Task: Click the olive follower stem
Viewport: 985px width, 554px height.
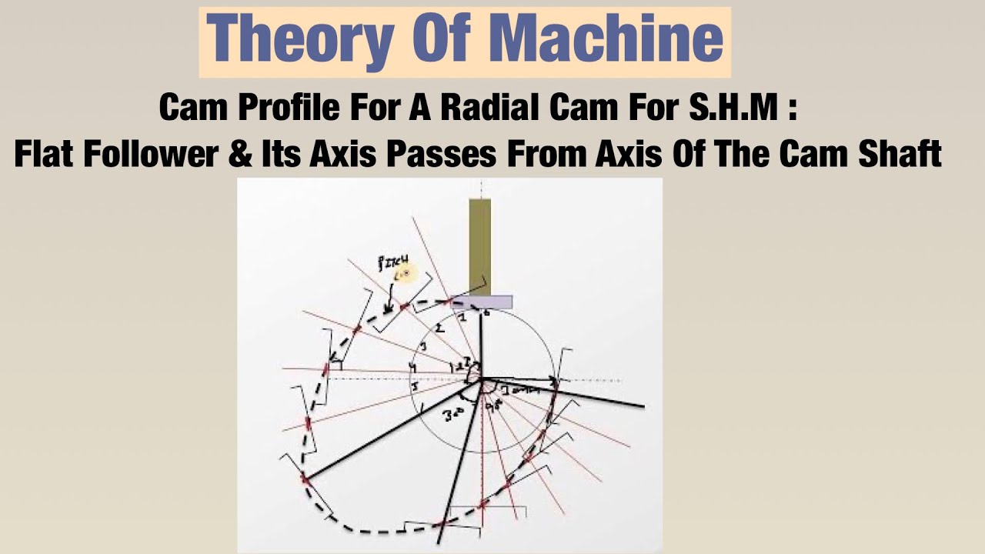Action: click(479, 246)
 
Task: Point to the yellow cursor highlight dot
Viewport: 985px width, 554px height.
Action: click(405, 274)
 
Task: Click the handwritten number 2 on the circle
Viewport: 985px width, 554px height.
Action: click(439, 329)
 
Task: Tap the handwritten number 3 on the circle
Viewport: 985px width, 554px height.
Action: click(423, 348)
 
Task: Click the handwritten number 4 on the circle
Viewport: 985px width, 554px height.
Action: click(414, 369)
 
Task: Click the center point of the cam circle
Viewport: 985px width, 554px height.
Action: click(481, 379)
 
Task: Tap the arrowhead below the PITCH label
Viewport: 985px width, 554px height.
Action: click(387, 309)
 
